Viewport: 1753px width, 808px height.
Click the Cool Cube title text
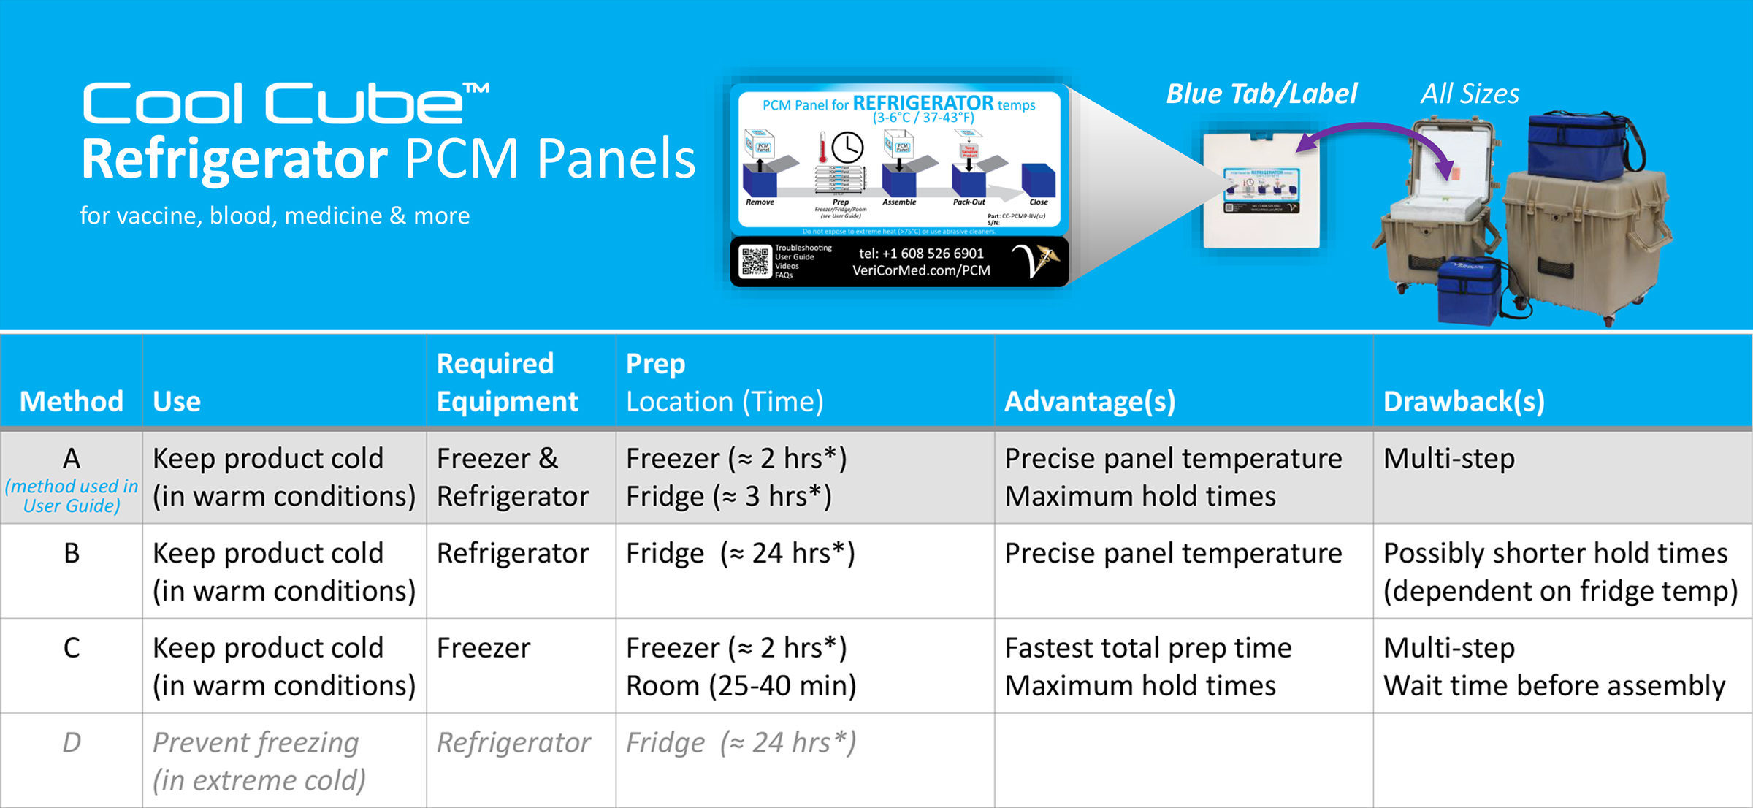click(x=285, y=104)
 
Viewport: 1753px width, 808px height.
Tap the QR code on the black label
click(x=755, y=262)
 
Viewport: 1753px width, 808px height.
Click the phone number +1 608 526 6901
click(x=922, y=254)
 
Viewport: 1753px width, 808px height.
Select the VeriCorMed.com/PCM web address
click(x=922, y=271)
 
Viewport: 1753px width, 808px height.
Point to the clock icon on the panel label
click(x=847, y=148)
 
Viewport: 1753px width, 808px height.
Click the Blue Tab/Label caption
click(x=1261, y=94)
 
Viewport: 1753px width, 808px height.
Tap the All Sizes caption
click(x=1470, y=94)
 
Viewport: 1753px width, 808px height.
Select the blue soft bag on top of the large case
click(x=1581, y=146)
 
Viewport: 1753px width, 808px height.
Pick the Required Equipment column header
click(x=507, y=382)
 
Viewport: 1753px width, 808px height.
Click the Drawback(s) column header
click(x=1464, y=401)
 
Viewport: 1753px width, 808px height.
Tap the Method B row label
click(x=72, y=553)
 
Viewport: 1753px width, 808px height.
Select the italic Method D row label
click(x=72, y=742)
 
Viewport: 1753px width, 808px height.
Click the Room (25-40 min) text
click(x=741, y=685)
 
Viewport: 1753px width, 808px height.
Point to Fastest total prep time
click(x=1147, y=647)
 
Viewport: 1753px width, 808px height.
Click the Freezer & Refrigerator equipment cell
click(x=513, y=477)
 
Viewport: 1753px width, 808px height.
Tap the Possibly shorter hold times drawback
click(x=1556, y=553)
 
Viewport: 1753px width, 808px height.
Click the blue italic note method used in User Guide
click(x=72, y=496)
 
